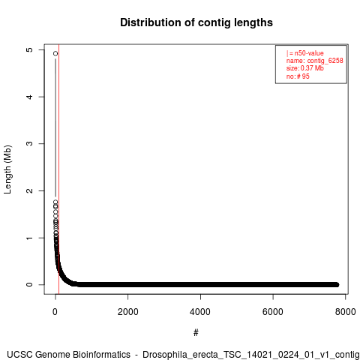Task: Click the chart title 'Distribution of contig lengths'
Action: [196, 22]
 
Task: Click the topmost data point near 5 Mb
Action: [55, 53]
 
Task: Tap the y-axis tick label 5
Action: [29, 49]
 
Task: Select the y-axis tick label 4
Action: [29, 97]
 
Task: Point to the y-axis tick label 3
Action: [29, 143]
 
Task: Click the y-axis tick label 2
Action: [29, 190]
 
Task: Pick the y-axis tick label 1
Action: [29, 238]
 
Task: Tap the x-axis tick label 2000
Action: [127, 312]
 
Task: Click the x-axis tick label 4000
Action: [200, 312]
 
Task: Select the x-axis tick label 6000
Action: [273, 312]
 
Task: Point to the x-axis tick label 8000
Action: [345, 312]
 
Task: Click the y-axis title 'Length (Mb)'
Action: [8, 169]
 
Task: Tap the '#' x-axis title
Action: [196, 333]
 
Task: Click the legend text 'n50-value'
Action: [309, 53]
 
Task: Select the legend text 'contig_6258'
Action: [325, 61]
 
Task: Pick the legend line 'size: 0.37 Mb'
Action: [305, 68]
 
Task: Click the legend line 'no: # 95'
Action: [298, 76]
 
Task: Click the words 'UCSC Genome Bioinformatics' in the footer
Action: [68, 355]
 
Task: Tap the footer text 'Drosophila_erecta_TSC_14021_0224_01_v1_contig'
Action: [251, 355]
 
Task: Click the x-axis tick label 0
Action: [55, 312]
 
